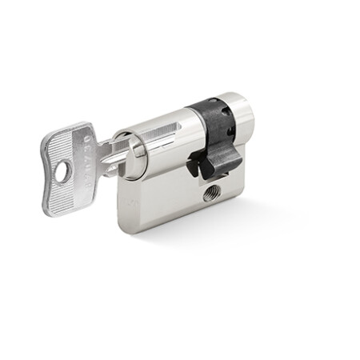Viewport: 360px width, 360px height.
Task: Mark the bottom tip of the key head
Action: pyautogui.click(x=52, y=212)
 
